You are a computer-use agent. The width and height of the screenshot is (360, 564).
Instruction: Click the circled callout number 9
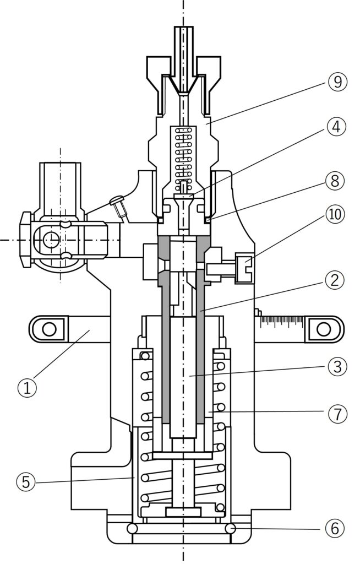pos(337,82)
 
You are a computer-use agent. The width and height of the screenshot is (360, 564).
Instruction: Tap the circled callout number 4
pos(336,127)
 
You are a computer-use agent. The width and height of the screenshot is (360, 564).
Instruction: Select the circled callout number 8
pos(335,181)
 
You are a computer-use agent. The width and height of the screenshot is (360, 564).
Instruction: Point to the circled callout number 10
pos(335,214)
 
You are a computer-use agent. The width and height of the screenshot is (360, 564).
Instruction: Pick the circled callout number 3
pos(337,366)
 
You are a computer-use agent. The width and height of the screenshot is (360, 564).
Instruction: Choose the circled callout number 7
pos(337,414)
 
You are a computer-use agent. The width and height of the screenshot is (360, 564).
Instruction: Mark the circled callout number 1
pos(28,388)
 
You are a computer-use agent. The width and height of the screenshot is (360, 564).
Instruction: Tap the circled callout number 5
pos(26,481)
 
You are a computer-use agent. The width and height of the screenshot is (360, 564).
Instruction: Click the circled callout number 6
pos(335,529)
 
